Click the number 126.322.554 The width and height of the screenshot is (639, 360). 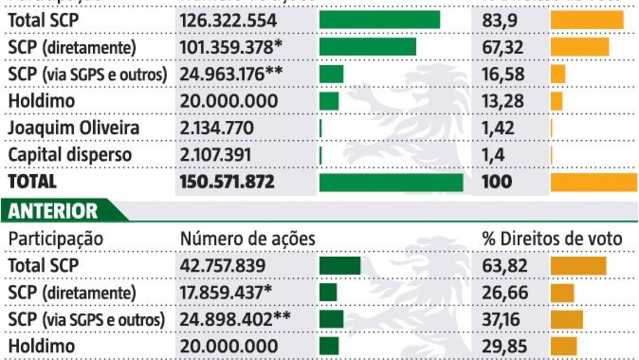point(228,21)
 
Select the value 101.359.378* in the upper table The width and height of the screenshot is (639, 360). point(231,47)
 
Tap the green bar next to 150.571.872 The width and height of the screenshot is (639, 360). point(391,182)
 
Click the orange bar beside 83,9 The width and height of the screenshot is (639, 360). point(587,20)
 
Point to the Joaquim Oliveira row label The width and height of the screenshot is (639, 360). point(74,128)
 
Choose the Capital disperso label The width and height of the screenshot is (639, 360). point(70,155)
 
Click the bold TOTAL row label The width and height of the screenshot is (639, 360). point(32,182)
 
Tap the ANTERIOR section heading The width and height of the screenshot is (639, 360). point(53,211)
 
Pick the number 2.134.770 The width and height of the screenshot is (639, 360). point(217,128)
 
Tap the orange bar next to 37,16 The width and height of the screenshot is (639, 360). point(567,320)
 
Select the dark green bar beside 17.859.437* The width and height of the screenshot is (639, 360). point(328,292)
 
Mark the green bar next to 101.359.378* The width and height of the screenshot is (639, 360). point(367,47)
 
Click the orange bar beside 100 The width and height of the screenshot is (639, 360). point(594,182)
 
